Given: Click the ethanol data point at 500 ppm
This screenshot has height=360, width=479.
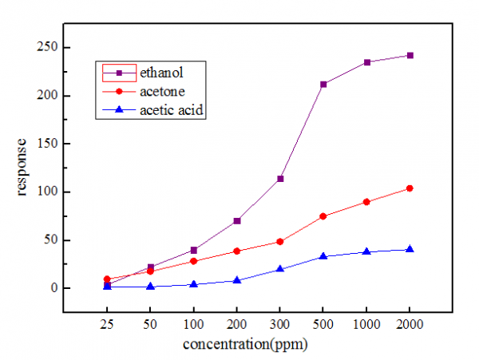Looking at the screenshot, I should [x=323, y=84].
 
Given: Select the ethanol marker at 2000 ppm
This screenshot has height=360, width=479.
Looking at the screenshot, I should [x=410, y=55].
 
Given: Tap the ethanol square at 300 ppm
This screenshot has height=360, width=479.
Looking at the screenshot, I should [x=279, y=178].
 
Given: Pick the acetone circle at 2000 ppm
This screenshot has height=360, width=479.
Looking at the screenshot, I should [x=410, y=188].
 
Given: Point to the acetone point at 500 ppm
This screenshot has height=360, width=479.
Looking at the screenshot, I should [x=323, y=216].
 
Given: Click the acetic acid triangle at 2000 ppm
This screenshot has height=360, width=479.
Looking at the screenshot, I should [x=410, y=249].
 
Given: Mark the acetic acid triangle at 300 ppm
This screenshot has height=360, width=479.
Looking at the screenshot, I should [x=279, y=268].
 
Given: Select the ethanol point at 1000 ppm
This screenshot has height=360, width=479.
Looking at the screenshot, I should [x=366, y=62].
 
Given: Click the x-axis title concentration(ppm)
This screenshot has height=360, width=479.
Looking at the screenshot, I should [x=245, y=345].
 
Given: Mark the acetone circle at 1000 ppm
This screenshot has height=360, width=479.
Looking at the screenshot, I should [x=366, y=202].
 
